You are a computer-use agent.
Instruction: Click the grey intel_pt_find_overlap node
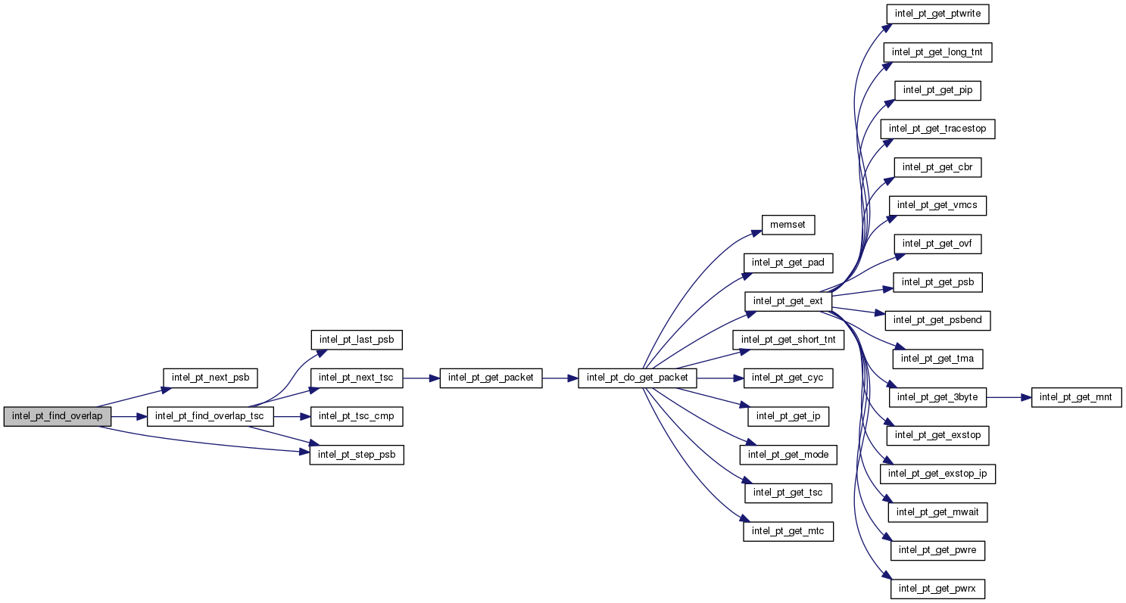[x=58, y=416]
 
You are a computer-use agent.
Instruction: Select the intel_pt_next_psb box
[x=211, y=378]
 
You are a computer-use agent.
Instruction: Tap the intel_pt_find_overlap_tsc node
[x=210, y=416]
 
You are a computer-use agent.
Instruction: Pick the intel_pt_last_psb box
[x=356, y=339]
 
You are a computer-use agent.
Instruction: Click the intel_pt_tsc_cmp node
[x=356, y=416]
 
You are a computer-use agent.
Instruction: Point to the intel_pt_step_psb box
[x=356, y=455]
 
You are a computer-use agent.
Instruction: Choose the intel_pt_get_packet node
[x=491, y=378]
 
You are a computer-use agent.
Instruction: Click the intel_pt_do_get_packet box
[x=637, y=378]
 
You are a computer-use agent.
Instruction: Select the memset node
[x=788, y=224]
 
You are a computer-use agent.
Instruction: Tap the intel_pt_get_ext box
[x=788, y=301]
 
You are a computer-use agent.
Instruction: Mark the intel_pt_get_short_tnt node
[x=788, y=340]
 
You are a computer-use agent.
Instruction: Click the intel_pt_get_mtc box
[x=788, y=532]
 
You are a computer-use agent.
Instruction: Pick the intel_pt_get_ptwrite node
[x=937, y=14]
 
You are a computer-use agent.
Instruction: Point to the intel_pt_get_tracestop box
[x=937, y=129]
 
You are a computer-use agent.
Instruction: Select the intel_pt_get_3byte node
[x=937, y=396]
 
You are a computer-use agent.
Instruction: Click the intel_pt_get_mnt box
[x=1076, y=396]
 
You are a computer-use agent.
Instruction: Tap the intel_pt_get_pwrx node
[x=937, y=588]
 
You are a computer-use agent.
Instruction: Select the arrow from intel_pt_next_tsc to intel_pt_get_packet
[x=421, y=378]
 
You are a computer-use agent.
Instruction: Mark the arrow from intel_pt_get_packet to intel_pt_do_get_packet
[x=560, y=378]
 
